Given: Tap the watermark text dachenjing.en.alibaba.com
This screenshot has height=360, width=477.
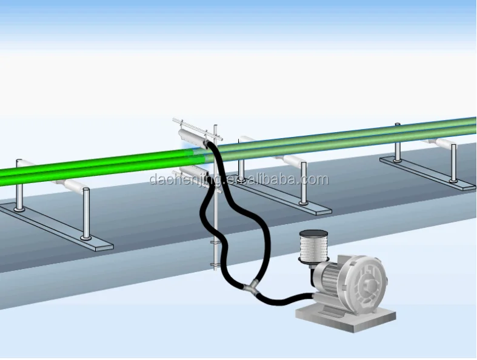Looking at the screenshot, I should [239, 179].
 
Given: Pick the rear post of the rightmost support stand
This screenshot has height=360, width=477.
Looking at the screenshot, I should [398, 142].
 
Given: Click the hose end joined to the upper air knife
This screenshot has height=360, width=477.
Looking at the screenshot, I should [209, 144].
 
